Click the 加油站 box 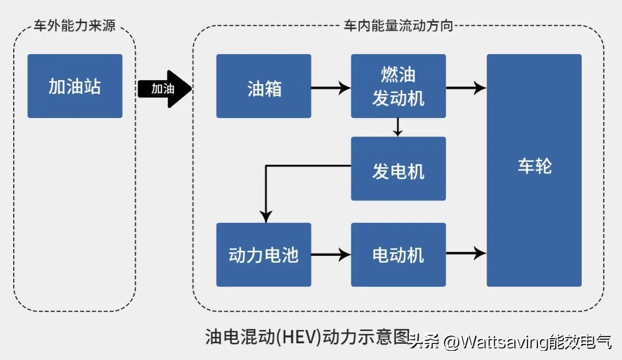coord(75,86)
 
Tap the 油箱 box coord(264,86)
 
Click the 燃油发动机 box coord(399,86)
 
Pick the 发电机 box coord(399,169)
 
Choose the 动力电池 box coord(264,255)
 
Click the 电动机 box coord(399,255)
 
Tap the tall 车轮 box coord(534,170)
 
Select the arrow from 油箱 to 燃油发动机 coord(331,88)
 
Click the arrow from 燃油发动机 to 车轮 coord(466,88)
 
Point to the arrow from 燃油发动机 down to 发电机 coord(397,127)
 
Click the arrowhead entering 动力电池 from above coord(266,217)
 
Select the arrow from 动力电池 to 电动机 coord(331,253)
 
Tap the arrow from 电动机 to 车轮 coord(466,252)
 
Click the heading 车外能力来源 coord(74,26)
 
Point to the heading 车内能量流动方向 coord(397,26)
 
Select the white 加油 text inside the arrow coord(162,89)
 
